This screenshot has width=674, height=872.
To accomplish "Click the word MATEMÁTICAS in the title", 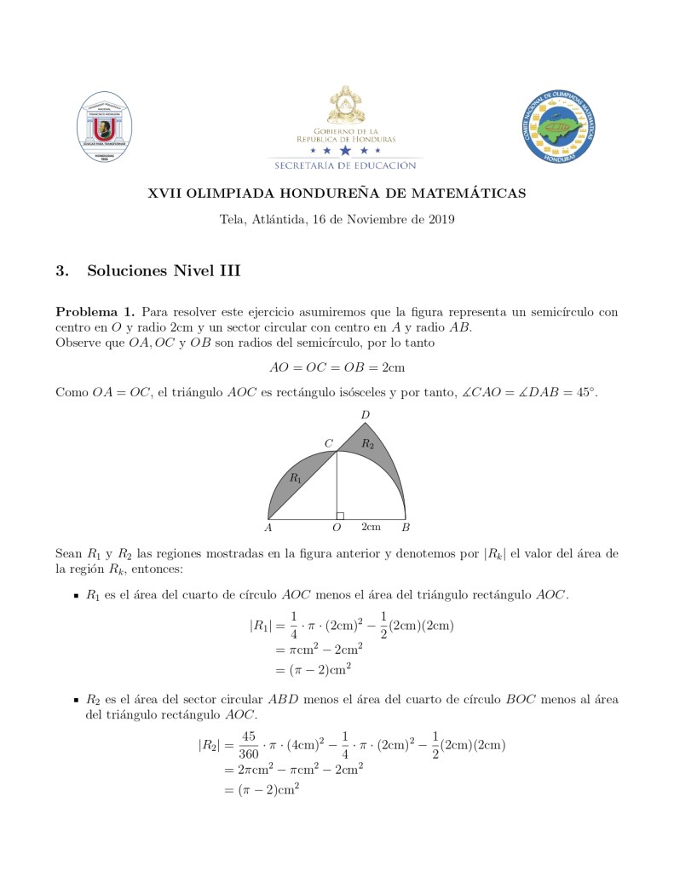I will click(x=478, y=193).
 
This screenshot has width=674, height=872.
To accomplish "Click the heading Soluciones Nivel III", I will click(x=164, y=271).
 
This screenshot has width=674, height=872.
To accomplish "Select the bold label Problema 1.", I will click(x=93, y=312).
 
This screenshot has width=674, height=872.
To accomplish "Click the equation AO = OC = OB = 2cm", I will click(x=337, y=367).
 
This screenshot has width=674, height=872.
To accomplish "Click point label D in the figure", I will click(x=365, y=415).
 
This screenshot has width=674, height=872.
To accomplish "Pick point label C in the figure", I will click(x=328, y=443).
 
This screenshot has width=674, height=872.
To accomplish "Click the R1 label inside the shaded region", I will click(x=295, y=478).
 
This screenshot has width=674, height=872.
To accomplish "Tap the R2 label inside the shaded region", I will click(x=366, y=443).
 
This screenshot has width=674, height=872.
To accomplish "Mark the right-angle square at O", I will click(x=340, y=515).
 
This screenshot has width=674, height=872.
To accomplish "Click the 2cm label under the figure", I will click(x=371, y=527).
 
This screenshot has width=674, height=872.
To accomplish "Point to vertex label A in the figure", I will click(x=268, y=528).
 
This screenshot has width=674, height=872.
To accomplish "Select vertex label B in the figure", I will click(x=406, y=528).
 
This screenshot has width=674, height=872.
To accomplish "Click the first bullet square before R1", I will click(x=76, y=595).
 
